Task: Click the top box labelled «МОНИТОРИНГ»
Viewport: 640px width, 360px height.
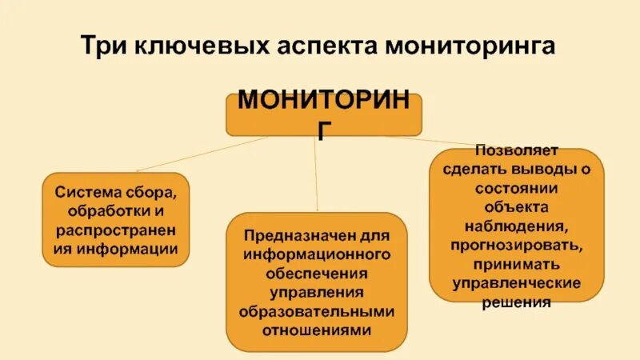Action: coord(323,114)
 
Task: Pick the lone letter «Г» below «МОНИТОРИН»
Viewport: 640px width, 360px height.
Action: coord(323,129)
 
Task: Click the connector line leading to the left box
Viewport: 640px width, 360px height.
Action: coord(200,154)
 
